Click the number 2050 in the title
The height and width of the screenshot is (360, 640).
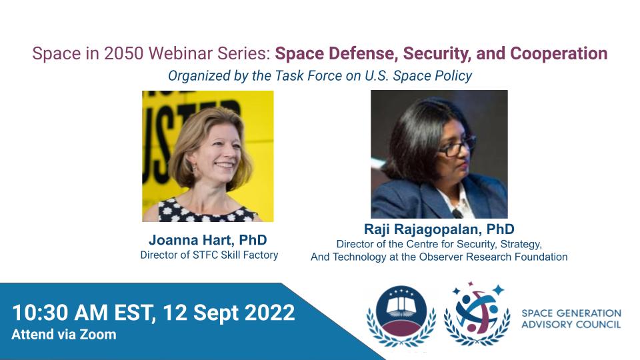pyautogui.click(x=123, y=53)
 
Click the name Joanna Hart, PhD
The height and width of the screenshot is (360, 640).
pyautogui.click(x=208, y=240)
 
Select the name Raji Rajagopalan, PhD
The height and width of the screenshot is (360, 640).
pyautogui.click(x=439, y=229)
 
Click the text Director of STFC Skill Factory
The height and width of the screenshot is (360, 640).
pyautogui.click(x=209, y=255)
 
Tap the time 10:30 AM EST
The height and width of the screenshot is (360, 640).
pyautogui.click(x=83, y=313)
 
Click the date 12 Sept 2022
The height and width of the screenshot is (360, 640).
pyautogui.click(x=229, y=313)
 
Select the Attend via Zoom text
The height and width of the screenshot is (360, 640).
pyautogui.click(x=64, y=335)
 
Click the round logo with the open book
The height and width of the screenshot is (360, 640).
pyautogui.click(x=401, y=315)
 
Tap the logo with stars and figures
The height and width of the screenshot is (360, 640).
pyautogui.click(x=476, y=314)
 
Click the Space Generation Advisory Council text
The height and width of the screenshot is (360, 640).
pyautogui.click(x=571, y=319)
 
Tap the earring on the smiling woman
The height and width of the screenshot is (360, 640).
pyautogui.click(x=194, y=167)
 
